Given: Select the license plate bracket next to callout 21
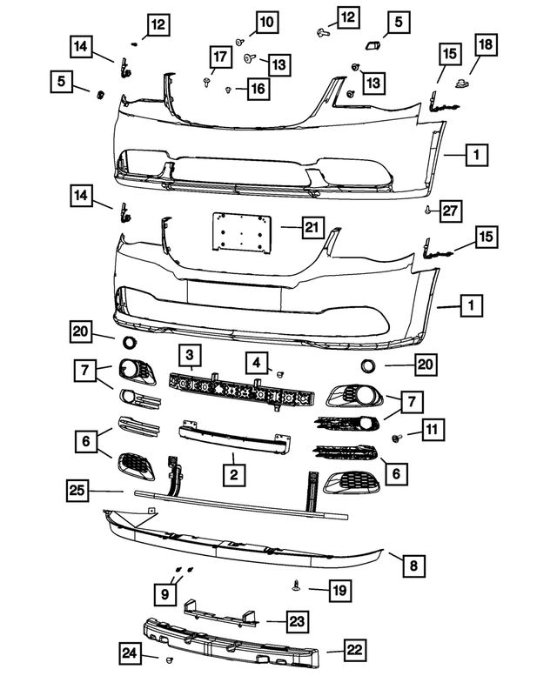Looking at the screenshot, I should point(238,233).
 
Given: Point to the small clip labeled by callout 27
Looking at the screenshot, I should point(428,211).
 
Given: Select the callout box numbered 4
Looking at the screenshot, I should point(257,361).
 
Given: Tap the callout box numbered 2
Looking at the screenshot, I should point(233,475).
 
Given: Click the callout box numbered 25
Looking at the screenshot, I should point(78,491).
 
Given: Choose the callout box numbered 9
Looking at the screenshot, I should point(164,594).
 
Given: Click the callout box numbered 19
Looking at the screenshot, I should point(340,591).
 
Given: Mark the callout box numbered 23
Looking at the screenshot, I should point(298,621).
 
